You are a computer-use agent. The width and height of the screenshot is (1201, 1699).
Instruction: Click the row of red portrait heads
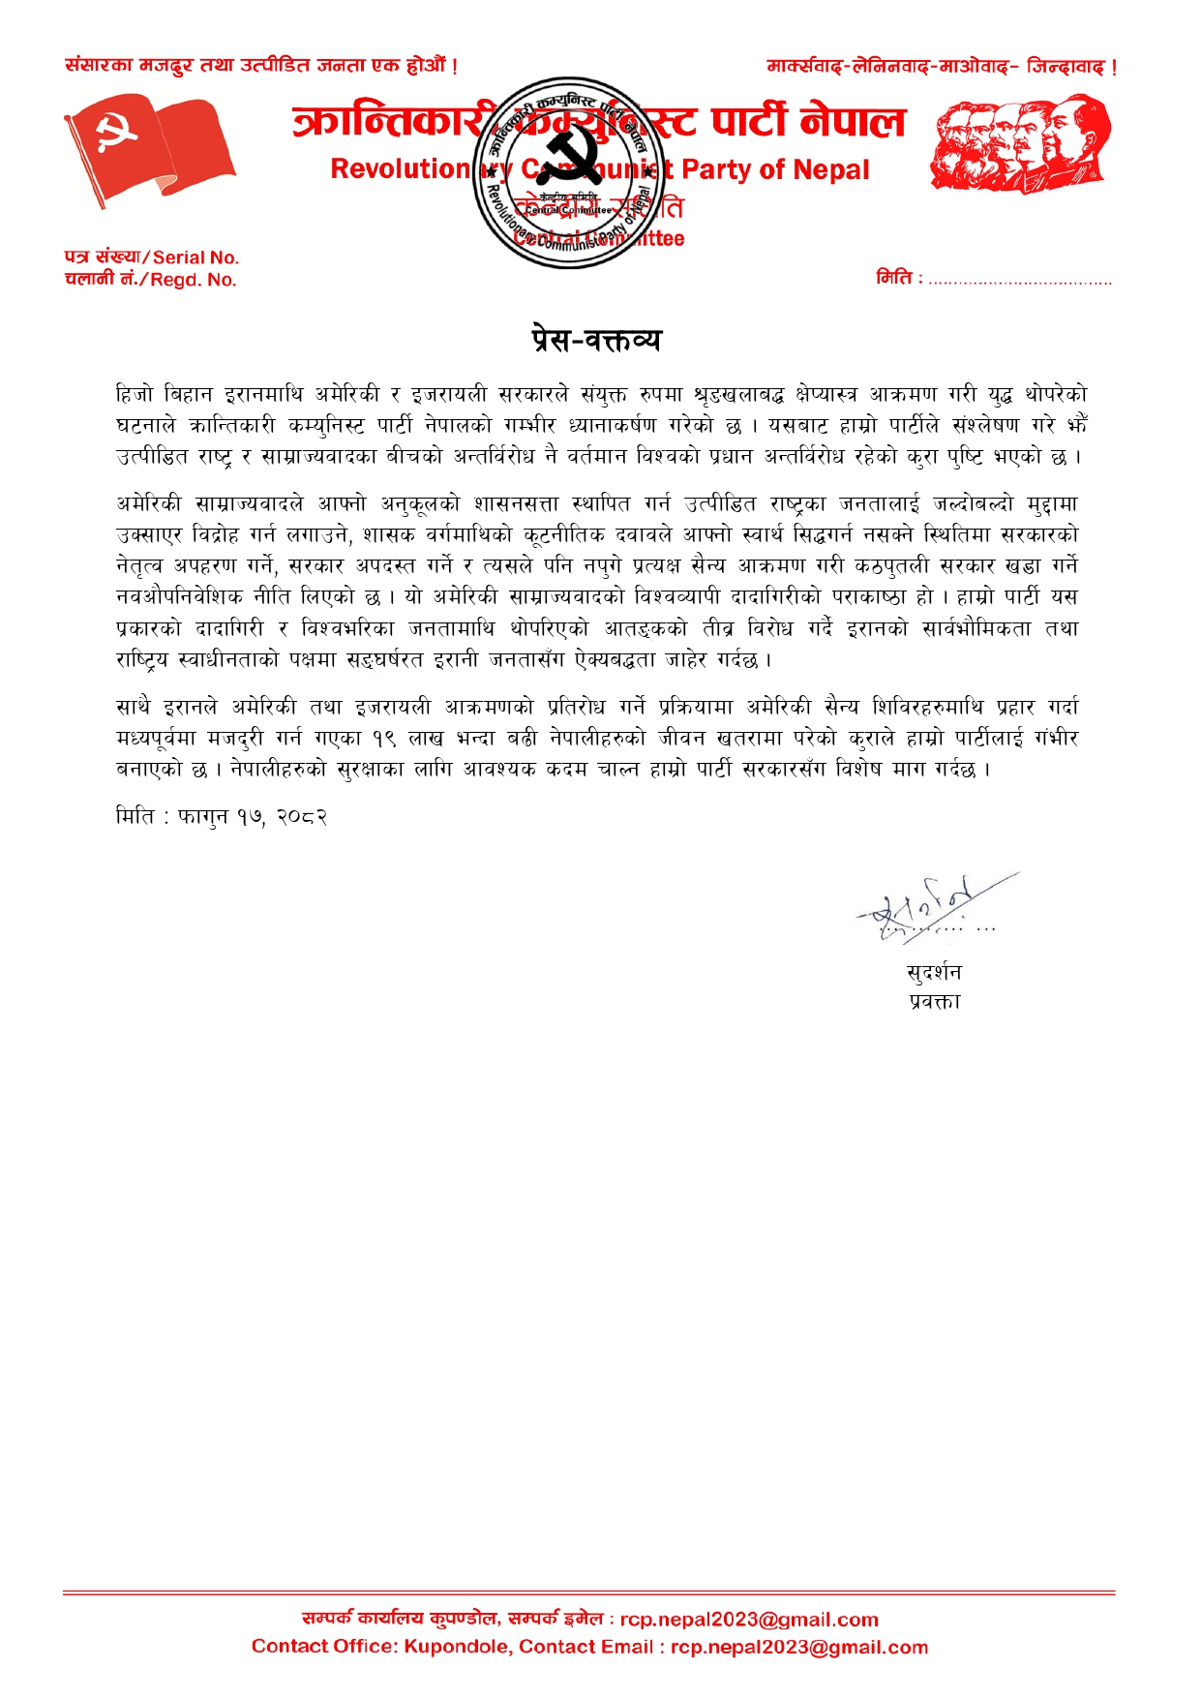click(x=1020, y=142)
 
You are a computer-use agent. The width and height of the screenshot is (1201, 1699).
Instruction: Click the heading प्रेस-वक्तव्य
click(x=596, y=340)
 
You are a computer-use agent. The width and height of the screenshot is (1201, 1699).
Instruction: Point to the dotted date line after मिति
click(x=1020, y=281)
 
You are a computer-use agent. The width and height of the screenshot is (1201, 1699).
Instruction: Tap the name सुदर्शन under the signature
click(x=934, y=972)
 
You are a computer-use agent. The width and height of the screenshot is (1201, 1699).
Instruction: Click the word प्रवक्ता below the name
click(x=934, y=1001)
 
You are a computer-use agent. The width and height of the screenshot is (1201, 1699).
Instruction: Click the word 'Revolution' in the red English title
click(x=399, y=169)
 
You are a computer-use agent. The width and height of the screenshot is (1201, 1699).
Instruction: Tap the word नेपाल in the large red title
click(x=853, y=121)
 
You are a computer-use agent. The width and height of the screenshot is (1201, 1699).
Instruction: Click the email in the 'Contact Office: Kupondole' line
click(x=799, y=1647)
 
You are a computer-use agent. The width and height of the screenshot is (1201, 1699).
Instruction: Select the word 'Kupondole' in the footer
click(x=457, y=1647)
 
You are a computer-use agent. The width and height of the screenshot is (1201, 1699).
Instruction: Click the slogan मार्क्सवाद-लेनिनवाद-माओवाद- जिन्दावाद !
click(x=942, y=67)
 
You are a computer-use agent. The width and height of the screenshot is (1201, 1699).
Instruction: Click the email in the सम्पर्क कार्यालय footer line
click(x=749, y=1620)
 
